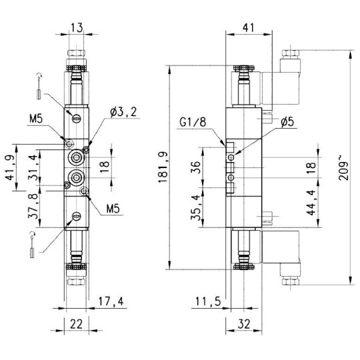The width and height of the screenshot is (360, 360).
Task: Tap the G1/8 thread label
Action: click(x=193, y=122)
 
